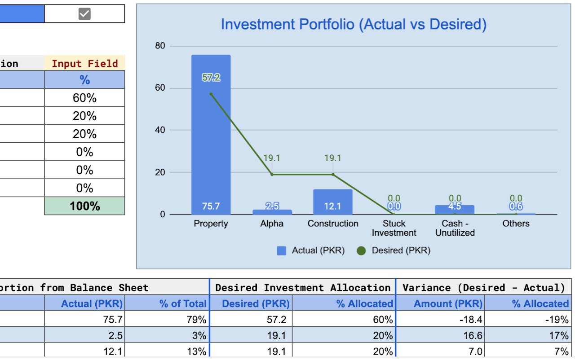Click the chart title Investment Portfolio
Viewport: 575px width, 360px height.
click(354, 24)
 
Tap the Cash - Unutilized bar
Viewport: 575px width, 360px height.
click(455, 210)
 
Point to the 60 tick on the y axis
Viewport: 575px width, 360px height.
click(160, 88)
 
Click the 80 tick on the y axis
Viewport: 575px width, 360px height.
click(160, 46)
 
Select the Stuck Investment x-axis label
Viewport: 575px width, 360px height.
click(394, 228)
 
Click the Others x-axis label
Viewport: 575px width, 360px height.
click(516, 224)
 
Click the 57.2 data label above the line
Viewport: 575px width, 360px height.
click(211, 78)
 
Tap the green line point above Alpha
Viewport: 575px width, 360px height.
click(272, 174)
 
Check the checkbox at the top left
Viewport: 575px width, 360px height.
click(84, 14)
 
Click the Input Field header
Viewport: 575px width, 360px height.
click(84, 63)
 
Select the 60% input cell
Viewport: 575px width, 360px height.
click(84, 98)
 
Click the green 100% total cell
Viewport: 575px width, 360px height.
click(84, 206)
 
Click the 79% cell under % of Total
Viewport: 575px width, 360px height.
click(167, 320)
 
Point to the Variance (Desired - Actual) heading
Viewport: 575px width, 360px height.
click(483, 288)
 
